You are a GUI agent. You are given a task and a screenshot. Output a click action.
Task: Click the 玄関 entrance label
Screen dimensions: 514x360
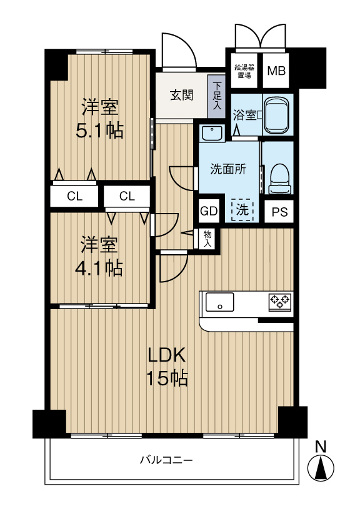(x=182, y=96)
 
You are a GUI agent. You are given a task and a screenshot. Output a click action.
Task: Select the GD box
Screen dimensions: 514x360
(x=208, y=211)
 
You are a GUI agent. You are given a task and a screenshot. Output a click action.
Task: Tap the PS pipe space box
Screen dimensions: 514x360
(x=279, y=212)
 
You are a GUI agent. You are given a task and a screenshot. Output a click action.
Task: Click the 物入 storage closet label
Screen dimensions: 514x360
(x=207, y=238)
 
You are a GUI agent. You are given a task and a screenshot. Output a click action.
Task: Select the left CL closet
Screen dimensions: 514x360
(x=74, y=196)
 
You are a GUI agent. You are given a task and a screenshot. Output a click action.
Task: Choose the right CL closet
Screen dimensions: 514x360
(x=127, y=196)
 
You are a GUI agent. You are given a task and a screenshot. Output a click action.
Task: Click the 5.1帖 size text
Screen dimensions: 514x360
(x=100, y=131)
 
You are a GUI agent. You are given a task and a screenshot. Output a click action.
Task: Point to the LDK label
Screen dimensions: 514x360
(x=167, y=355)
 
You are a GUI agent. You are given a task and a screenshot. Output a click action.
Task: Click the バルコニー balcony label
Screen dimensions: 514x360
(x=166, y=461)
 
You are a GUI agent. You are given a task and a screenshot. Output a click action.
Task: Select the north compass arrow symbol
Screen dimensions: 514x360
(x=321, y=467)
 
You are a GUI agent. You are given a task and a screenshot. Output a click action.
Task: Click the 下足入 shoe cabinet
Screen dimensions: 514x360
(x=217, y=96)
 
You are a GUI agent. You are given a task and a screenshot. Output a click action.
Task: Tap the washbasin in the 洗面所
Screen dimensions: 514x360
(x=213, y=134)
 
